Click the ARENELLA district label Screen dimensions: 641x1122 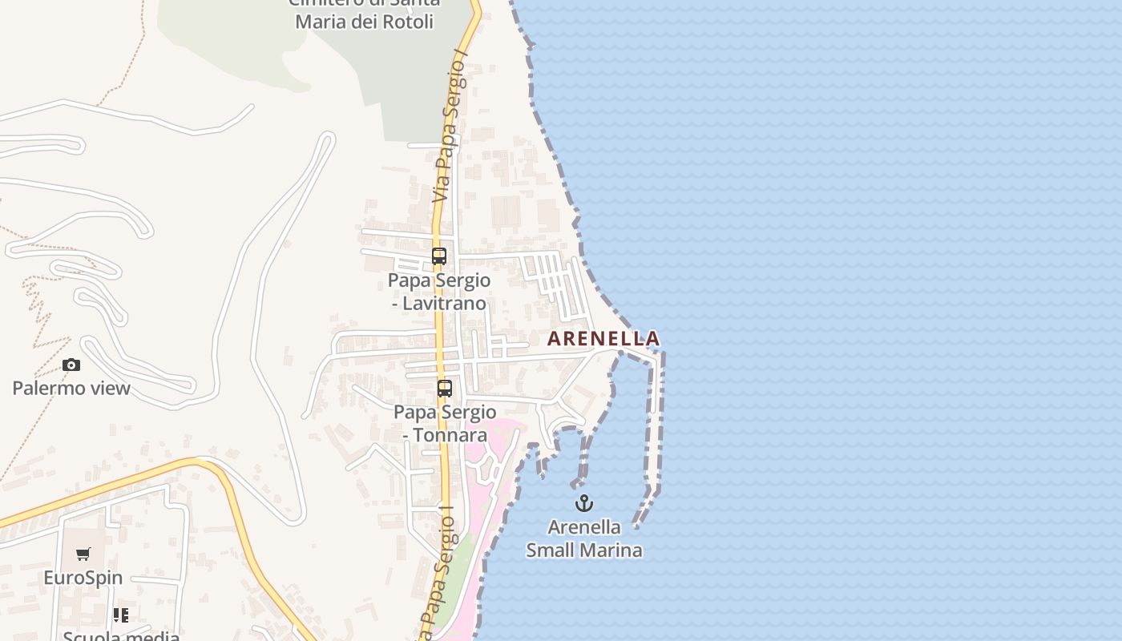(603, 339)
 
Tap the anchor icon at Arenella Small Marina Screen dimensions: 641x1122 (584, 503)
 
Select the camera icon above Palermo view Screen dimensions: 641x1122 (71, 365)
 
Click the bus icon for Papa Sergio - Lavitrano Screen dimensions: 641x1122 (439, 256)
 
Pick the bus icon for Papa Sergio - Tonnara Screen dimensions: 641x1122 (444, 389)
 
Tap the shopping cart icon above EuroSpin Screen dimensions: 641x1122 (83, 554)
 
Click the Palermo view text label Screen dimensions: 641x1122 (71, 389)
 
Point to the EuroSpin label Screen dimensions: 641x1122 (83, 578)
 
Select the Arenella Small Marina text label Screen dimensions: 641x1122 (584, 538)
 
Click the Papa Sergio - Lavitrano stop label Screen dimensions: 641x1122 (439, 292)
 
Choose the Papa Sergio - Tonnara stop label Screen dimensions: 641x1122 (445, 424)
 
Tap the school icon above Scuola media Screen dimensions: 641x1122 (121, 615)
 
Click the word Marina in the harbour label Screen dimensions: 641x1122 (615, 550)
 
